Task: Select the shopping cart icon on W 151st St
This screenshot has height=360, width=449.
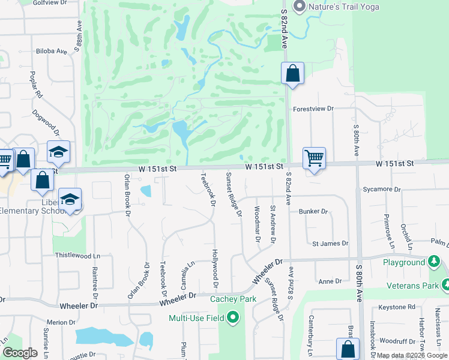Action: pyautogui.click(x=314, y=158)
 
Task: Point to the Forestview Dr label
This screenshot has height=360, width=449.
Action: pyautogui.click(x=313, y=109)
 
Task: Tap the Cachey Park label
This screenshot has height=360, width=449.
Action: pyautogui.click(x=234, y=299)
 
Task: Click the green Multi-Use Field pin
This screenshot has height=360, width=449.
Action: pyautogui.click(x=232, y=318)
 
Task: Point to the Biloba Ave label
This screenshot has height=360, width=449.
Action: pyautogui.click(x=52, y=52)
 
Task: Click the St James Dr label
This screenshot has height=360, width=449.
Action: pyautogui.click(x=330, y=244)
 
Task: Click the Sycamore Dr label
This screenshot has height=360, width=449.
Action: pyautogui.click(x=381, y=190)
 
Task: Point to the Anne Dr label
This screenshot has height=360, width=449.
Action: pyautogui.click(x=330, y=281)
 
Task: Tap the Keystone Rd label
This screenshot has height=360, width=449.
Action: pyautogui.click(x=397, y=307)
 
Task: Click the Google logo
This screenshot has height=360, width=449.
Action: pyautogui.click(x=20, y=353)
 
